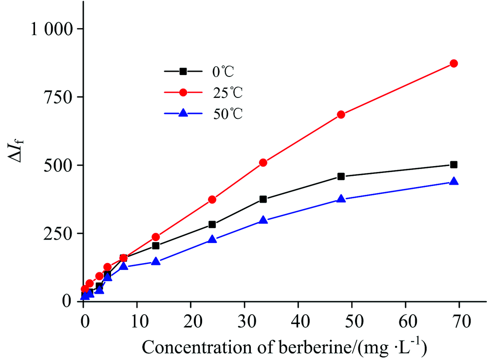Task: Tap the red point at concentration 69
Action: [453, 63]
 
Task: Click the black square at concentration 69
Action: [453, 165]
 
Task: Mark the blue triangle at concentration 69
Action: [453, 181]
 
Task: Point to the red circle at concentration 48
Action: [341, 114]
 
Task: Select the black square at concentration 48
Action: [341, 176]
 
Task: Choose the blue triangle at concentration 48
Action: [341, 199]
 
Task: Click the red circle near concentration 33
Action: [263, 163]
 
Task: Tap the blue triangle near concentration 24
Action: [212, 239]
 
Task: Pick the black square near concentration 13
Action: [156, 246]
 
